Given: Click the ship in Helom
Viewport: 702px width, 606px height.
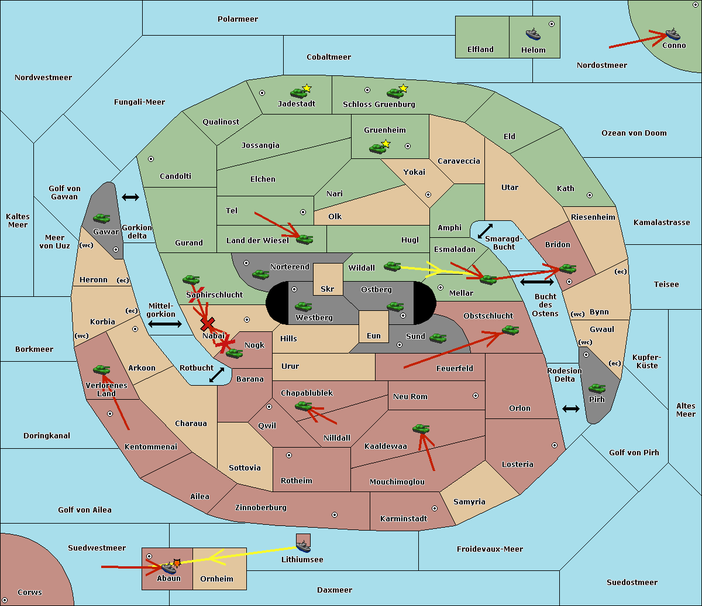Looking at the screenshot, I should pyautogui.click(x=532, y=34).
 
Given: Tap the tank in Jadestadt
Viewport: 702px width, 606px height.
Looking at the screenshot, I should pyautogui.click(x=299, y=92).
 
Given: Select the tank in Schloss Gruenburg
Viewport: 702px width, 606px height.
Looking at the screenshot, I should pyautogui.click(x=395, y=92).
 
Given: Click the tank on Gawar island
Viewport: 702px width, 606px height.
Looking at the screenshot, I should pyautogui.click(x=102, y=219).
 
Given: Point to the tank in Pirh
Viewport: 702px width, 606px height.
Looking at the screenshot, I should pyautogui.click(x=597, y=389).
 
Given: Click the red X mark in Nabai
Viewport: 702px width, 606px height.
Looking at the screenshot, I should pyautogui.click(x=207, y=324).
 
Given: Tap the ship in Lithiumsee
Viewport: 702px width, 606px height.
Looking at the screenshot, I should pyautogui.click(x=303, y=546).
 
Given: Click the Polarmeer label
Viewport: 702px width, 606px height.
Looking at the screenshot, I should pyautogui.click(x=238, y=19).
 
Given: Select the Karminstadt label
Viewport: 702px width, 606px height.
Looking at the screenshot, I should pyautogui.click(x=404, y=519).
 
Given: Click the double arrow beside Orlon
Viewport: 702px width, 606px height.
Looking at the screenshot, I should pyautogui.click(x=571, y=408).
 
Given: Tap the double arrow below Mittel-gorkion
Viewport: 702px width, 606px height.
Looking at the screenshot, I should pyautogui.click(x=165, y=324).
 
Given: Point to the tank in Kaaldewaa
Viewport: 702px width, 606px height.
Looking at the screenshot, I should pyautogui.click(x=421, y=429).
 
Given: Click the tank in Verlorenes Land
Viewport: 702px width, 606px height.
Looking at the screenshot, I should pyautogui.click(x=102, y=370).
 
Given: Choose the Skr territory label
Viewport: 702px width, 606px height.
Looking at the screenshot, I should pyautogui.click(x=328, y=289).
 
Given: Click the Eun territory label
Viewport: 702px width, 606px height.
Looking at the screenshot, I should pyautogui.click(x=374, y=336).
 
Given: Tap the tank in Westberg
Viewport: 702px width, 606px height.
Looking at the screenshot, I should pyautogui.click(x=303, y=307).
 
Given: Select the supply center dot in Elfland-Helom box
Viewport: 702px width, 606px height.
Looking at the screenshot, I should pyautogui.click(x=551, y=24).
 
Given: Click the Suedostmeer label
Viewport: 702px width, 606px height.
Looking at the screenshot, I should pyautogui.click(x=632, y=583).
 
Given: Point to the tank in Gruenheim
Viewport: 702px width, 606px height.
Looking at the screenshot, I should pyautogui.click(x=378, y=148).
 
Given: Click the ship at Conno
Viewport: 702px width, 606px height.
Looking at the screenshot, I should pyautogui.click(x=673, y=34).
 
